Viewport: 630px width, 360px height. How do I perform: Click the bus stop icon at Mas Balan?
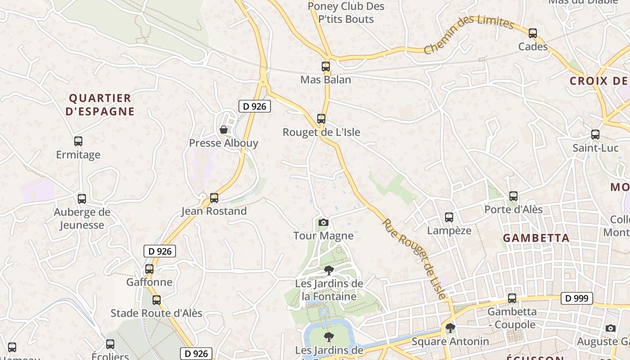[326, 67]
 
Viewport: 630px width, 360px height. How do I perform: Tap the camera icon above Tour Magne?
[323, 222]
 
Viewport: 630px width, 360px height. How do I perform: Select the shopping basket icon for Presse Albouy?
[224, 130]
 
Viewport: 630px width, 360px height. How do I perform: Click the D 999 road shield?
[576, 298]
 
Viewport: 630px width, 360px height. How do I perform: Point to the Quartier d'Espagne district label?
[100, 105]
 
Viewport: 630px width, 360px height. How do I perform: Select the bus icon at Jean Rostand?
[214, 198]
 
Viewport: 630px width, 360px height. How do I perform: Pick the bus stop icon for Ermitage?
[78, 141]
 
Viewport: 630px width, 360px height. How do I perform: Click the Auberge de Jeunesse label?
[82, 218]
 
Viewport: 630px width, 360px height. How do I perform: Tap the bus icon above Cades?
[533, 33]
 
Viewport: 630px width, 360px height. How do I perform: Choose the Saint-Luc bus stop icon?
[595, 134]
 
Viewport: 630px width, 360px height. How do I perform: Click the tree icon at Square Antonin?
[450, 328]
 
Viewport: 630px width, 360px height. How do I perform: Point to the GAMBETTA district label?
[536, 238]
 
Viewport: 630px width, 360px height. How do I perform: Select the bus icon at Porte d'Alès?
[513, 196]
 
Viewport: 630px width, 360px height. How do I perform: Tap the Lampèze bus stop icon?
[449, 217]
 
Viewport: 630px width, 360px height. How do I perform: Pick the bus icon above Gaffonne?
[149, 269]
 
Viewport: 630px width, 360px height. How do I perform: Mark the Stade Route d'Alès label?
[157, 313]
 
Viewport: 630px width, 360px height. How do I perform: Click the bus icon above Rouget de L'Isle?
[321, 119]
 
